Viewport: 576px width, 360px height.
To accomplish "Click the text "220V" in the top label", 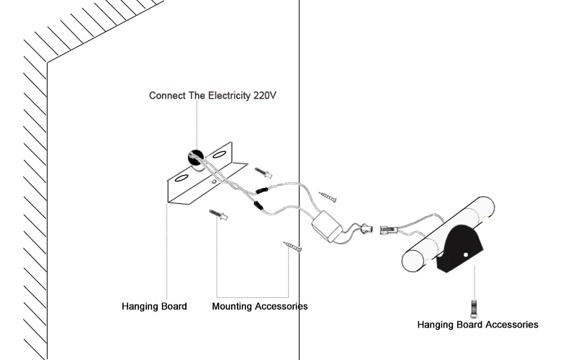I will [x=265, y=95].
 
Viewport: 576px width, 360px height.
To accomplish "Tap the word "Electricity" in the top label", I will [x=225, y=95].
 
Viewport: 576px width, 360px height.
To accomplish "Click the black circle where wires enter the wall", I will [x=195, y=157].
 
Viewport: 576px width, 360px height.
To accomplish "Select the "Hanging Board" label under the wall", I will [x=154, y=306].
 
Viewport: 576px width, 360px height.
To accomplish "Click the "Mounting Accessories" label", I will [x=259, y=306].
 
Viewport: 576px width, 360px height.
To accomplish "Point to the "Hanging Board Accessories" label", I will [x=477, y=325].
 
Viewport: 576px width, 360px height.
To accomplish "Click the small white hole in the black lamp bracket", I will [x=466, y=254].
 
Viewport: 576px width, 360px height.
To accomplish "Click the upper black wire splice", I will [x=261, y=191].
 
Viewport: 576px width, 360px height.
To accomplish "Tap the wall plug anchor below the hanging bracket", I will [x=218, y=215].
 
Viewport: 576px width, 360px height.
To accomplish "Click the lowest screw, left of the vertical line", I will [x=293, y=247].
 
